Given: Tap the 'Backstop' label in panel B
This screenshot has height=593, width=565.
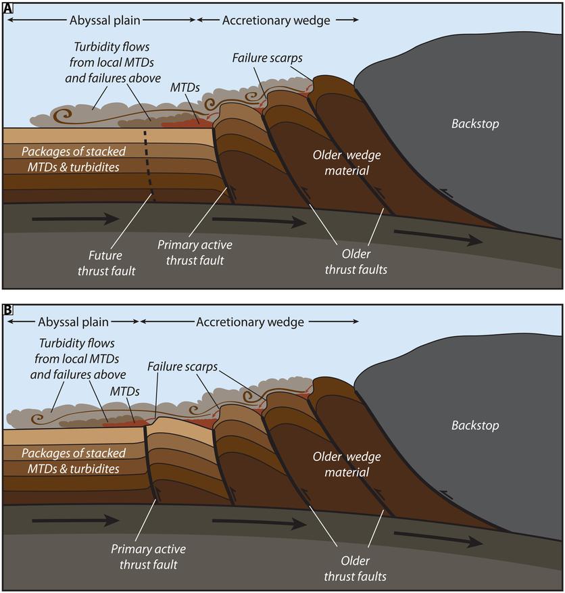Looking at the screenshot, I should coord(475,425).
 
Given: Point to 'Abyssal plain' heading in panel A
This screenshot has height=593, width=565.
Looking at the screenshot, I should coord(104,20).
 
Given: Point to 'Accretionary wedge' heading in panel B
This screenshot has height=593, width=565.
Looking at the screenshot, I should coord(249,323).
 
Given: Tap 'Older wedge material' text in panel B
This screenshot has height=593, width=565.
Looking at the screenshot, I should coord(347,465).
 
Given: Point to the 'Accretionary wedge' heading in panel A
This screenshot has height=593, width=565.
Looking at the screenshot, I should coord(276,20).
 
